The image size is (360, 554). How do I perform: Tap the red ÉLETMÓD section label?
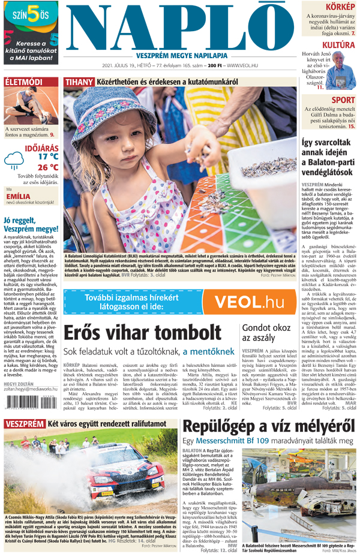[x=24, y=81]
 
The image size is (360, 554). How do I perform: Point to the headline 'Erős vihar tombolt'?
[x=139, y=333]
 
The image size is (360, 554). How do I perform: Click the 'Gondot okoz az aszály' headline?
[x=266, y=333]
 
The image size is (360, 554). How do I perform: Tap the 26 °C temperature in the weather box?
[x=47, y=167]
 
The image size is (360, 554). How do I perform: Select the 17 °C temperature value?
[x=47, y=156]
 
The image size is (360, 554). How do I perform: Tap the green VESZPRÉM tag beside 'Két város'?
[x=23, y=423]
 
